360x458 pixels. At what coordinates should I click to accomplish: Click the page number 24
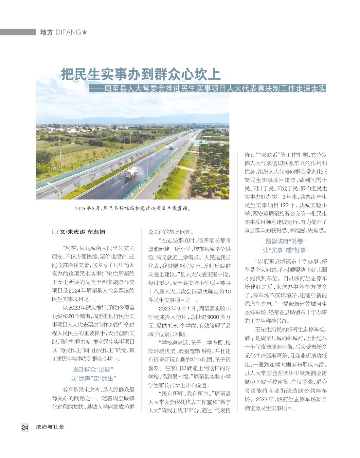(25, 427)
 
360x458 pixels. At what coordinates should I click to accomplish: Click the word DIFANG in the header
(68, 32)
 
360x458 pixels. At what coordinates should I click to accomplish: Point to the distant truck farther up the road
(171, 147)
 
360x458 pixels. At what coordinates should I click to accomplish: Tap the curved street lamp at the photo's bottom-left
(56, 190)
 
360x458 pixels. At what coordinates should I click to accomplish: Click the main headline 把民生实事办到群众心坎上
(141, 75)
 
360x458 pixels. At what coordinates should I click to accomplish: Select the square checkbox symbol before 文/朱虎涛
(55, 232)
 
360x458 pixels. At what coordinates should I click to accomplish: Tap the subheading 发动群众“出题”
(93, 370)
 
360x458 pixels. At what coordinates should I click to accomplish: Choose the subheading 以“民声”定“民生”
(93, 378)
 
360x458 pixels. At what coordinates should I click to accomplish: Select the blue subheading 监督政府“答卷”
(285, 241)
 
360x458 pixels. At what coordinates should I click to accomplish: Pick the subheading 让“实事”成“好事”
(285, 250)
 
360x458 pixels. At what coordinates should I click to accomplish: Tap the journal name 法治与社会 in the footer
(50, 427)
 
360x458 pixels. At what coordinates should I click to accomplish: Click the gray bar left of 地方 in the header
(18, 32)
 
